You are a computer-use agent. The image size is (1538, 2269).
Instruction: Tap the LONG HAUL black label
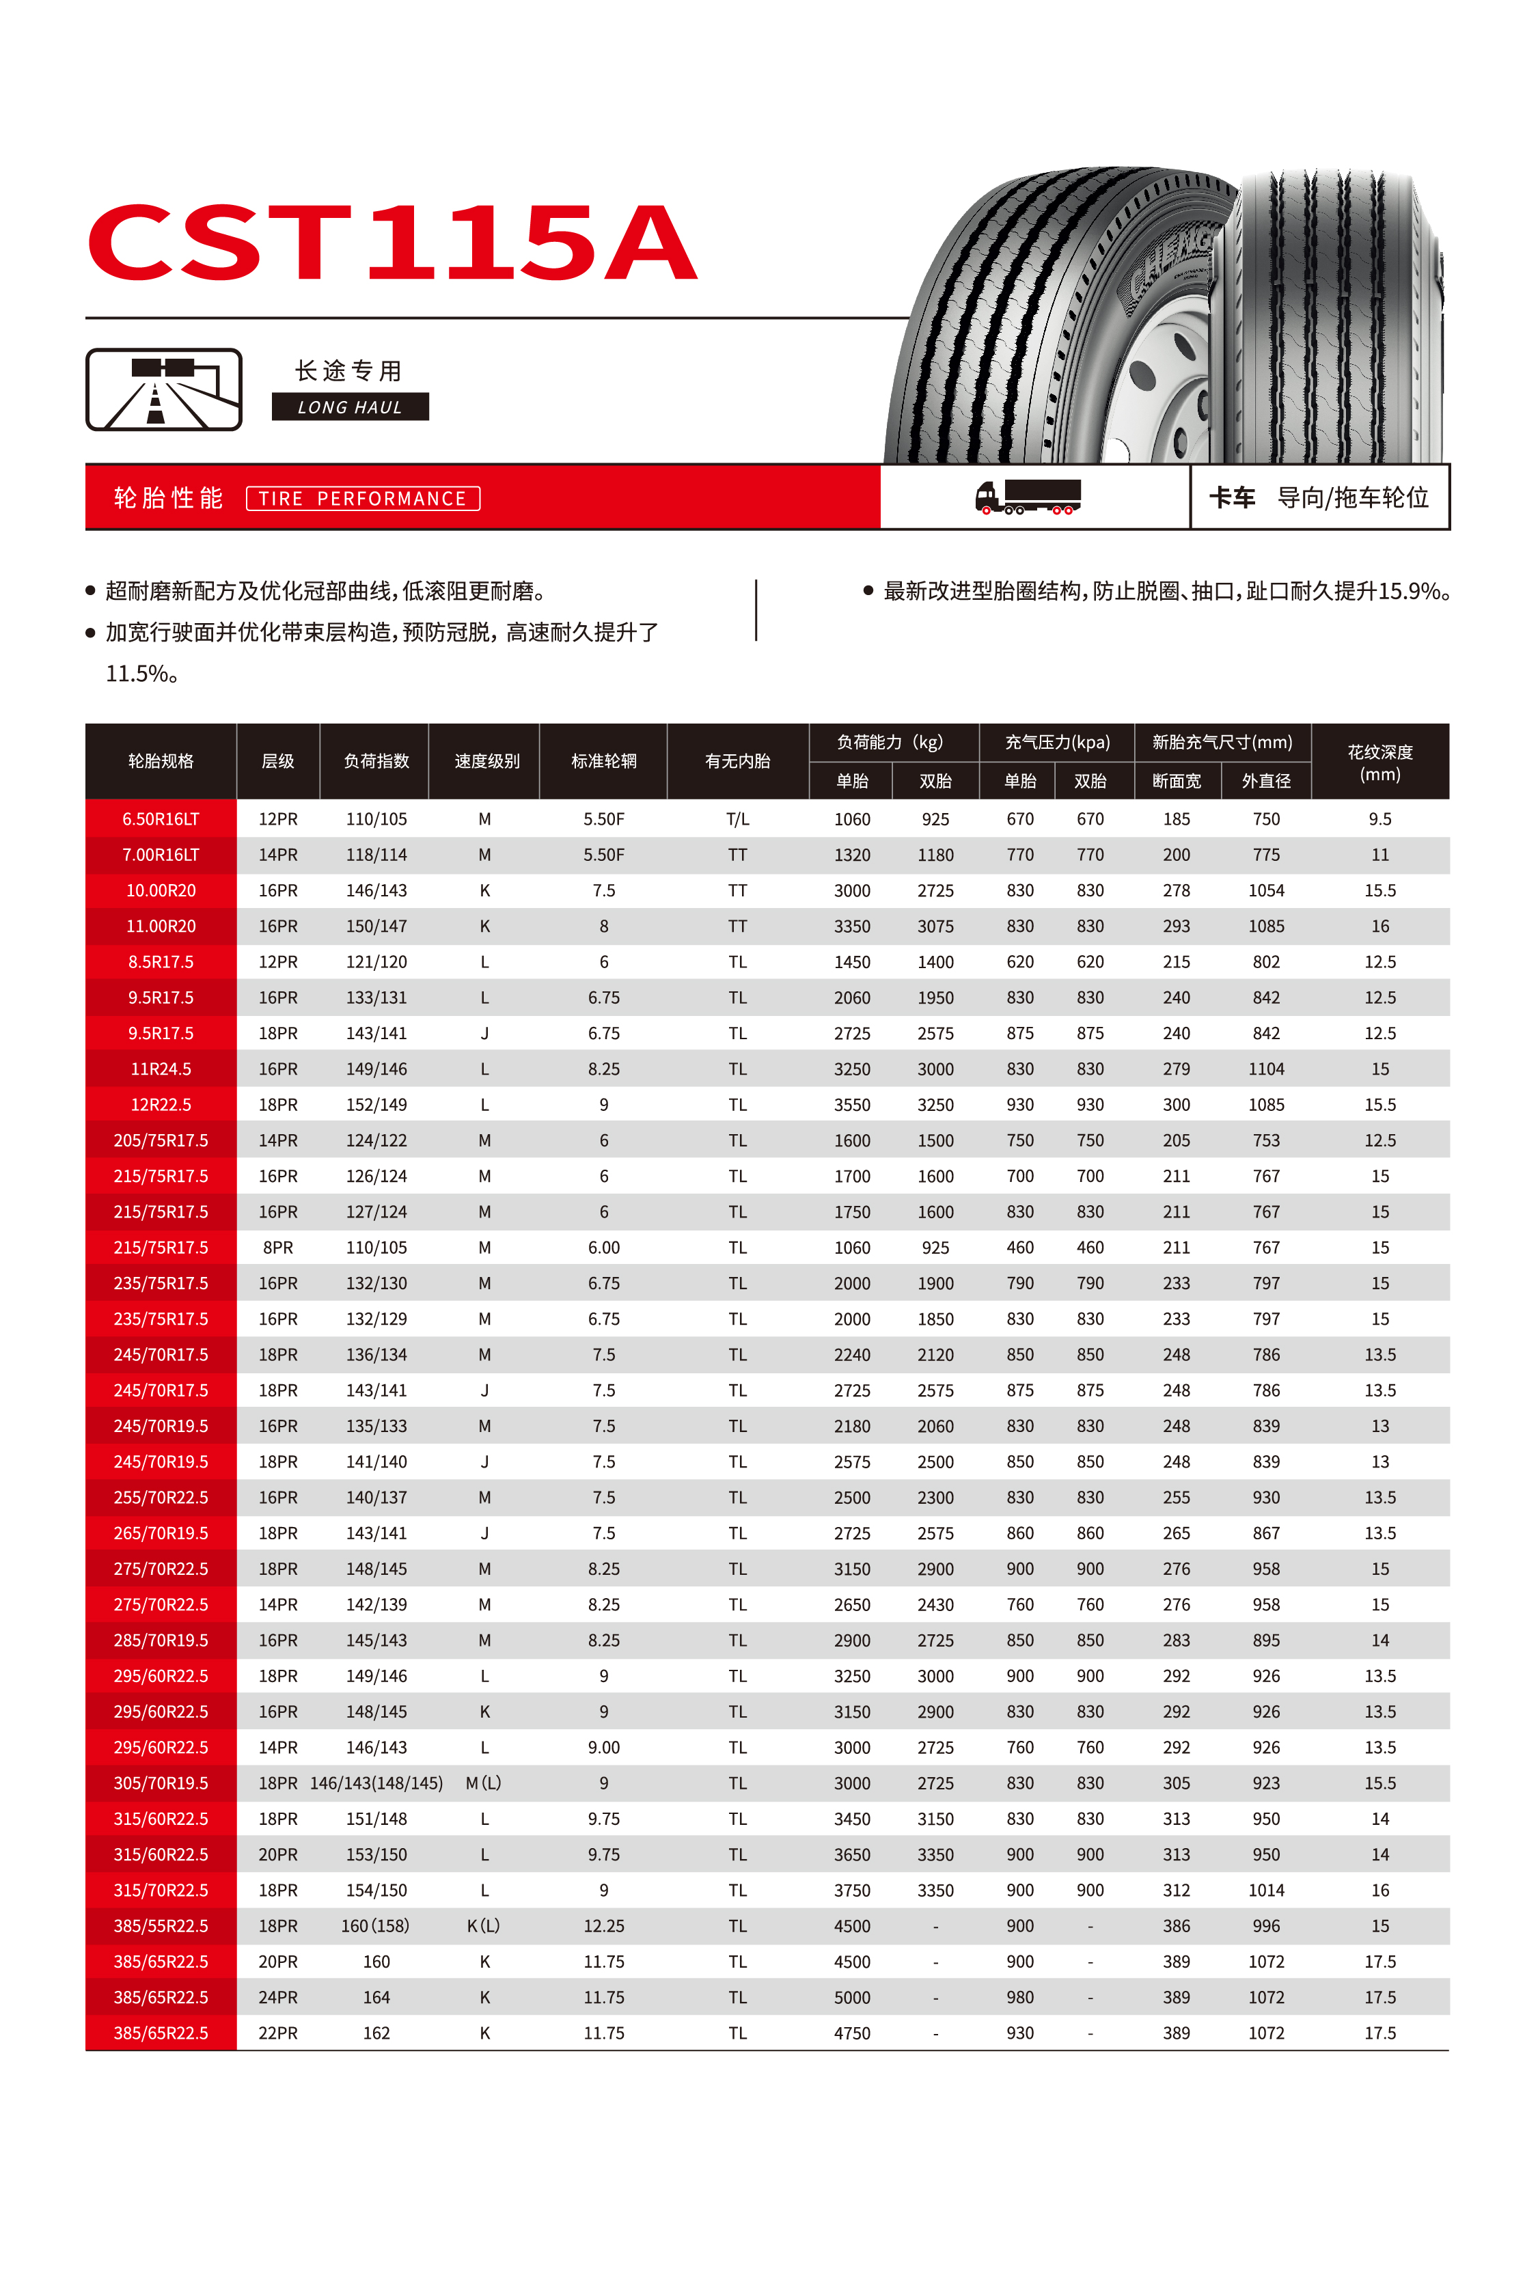(350, 407)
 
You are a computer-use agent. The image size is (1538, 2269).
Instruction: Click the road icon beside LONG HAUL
(163, 389)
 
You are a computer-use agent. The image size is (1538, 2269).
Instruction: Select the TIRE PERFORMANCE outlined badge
(362, 499)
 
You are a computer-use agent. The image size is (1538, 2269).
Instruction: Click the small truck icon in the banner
(1028, 497)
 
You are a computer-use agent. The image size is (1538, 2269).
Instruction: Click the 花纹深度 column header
(1379, 762)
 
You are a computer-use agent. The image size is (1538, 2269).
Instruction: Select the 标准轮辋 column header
(603, 762)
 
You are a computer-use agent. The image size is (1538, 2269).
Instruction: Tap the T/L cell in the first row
(737, 819)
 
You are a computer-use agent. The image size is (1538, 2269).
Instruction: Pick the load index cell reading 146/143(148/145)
(376, 1783)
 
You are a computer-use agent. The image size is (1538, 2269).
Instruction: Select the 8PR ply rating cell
(277, 1248)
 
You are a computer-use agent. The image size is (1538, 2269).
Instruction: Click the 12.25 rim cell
(603, 1926)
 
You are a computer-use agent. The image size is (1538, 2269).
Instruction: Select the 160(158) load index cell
(376, 1926)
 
